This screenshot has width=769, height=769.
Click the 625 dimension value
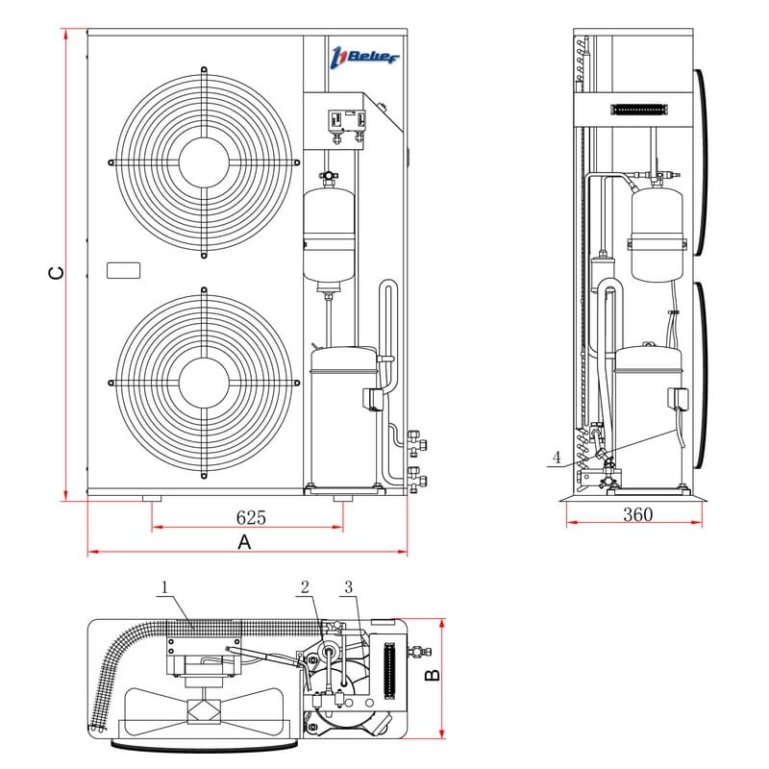[x=251, y=517]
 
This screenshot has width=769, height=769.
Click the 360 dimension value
[x=636, y=514]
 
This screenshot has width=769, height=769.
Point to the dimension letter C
[x=57, y=273]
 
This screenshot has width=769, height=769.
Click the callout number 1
[x=165, y=586]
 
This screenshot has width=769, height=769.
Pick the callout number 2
[x=305, y=586]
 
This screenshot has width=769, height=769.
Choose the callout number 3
[x=348, y=586]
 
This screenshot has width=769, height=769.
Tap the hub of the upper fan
[x=203, y=161]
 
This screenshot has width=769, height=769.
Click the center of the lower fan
[x=203, y=383]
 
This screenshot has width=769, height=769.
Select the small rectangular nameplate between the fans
[x=122, y=270]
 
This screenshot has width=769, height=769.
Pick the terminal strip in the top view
[x=389, y=671]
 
